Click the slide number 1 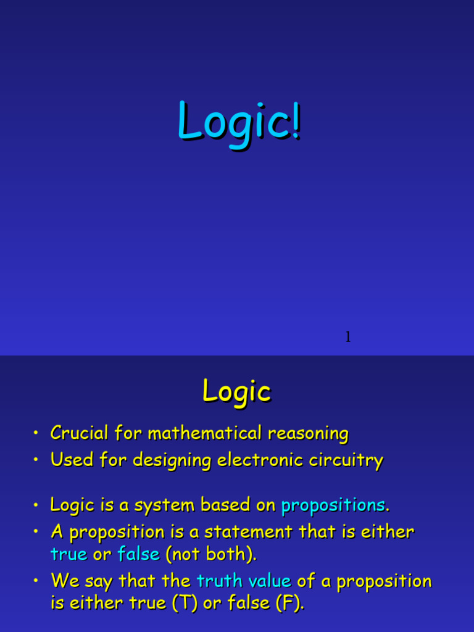[348, 337]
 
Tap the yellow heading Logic [237, 391]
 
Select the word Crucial [79, 433]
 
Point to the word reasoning [309, 433]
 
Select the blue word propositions [333, 505]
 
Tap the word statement [249, 531]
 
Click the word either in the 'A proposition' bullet [388, 531]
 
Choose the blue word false [139, 554]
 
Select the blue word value [269, 581]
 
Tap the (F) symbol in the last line [290, 604]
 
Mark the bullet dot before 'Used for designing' [38, 460]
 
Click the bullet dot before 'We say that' [38, 581]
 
